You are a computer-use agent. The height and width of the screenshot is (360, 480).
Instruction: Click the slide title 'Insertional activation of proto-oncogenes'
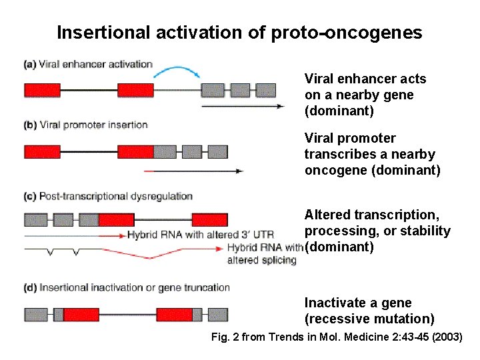239,33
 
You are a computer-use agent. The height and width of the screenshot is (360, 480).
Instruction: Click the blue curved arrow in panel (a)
175,70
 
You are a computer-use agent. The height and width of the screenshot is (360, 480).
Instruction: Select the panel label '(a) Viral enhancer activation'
88,65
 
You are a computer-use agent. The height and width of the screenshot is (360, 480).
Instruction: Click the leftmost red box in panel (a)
42,90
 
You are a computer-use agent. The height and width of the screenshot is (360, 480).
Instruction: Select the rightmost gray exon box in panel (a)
265,90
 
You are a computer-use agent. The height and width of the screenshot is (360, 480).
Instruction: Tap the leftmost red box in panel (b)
42,151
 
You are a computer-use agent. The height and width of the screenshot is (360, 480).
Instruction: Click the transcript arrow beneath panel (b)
193,171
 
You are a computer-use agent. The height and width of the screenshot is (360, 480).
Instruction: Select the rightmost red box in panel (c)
209,219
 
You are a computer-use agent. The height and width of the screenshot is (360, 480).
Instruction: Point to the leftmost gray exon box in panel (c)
35,219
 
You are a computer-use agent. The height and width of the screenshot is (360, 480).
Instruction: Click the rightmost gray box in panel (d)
217,314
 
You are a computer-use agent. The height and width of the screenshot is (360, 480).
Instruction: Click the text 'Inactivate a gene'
358,303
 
